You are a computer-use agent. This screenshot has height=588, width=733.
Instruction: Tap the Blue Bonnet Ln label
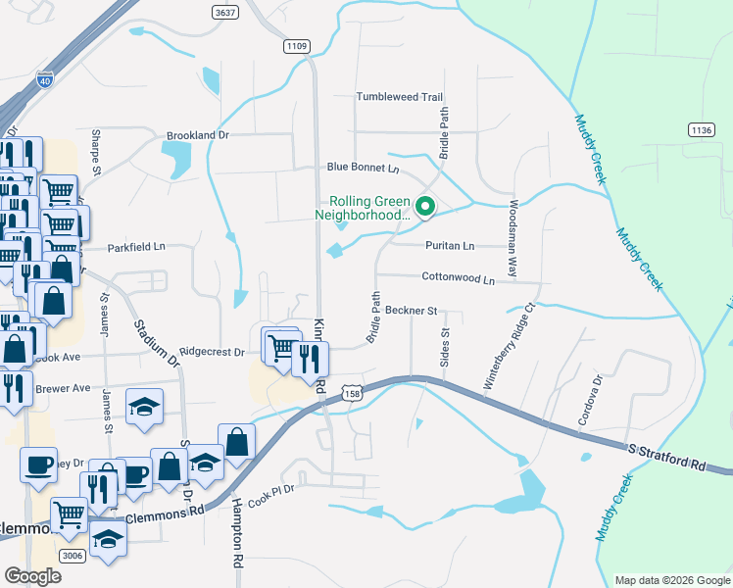364,168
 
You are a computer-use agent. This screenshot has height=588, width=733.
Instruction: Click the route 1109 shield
297,46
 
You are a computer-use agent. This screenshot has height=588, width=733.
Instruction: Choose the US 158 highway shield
353,392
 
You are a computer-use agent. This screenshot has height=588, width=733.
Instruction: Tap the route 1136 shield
701,129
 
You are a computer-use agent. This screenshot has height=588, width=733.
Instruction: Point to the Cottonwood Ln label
458,278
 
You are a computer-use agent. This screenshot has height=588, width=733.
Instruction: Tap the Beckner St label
410,311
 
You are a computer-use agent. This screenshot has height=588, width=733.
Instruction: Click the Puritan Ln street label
449,245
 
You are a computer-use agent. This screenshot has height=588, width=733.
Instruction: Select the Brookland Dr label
197,135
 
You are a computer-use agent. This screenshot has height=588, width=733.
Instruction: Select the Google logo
32,576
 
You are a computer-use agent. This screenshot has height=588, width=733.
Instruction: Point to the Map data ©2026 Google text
671,580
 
